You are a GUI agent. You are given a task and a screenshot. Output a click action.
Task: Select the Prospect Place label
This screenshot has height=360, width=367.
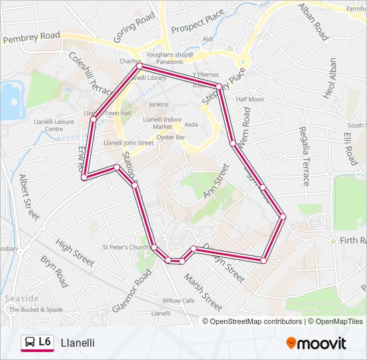pos(198,23)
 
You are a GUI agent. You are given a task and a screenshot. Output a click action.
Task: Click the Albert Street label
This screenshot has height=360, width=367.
pos(29,197)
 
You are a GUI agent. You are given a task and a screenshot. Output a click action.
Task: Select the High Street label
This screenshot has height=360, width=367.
pos(75,253)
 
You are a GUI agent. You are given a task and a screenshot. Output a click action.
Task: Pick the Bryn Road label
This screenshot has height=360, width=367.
pos(53,270)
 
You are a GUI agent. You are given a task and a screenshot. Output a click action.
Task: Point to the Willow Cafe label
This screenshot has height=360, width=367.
pos(178,301)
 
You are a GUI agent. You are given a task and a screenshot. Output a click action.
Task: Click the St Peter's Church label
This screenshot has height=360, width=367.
pos(125,247)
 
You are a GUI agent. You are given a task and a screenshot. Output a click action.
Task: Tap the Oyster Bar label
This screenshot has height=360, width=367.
pos(171,137)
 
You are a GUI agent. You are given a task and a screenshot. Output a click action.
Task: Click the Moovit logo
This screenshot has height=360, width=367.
pos(316,343)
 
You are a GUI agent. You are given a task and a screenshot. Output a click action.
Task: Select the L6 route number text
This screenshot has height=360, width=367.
pos(45,342)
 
